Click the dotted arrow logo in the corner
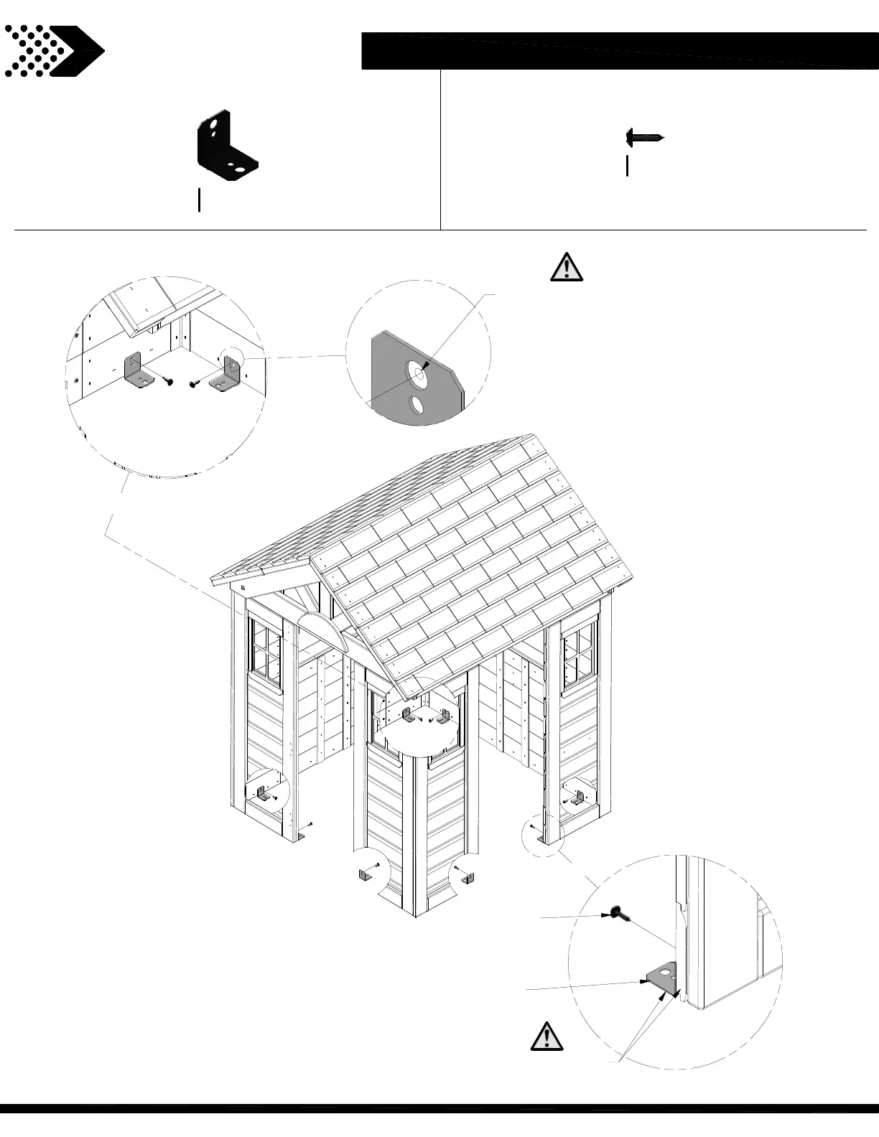pyautogui.click(x=54, y=50)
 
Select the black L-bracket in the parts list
pyautogui.click(x=225, y=146)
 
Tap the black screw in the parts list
pyautogui.click(x=644, y=136)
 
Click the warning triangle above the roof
pyautogui.click(x=566, y=267)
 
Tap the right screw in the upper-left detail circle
pyautogui.click(x=194, y=383)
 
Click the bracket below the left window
pyautogui.click(x=262, y=794)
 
